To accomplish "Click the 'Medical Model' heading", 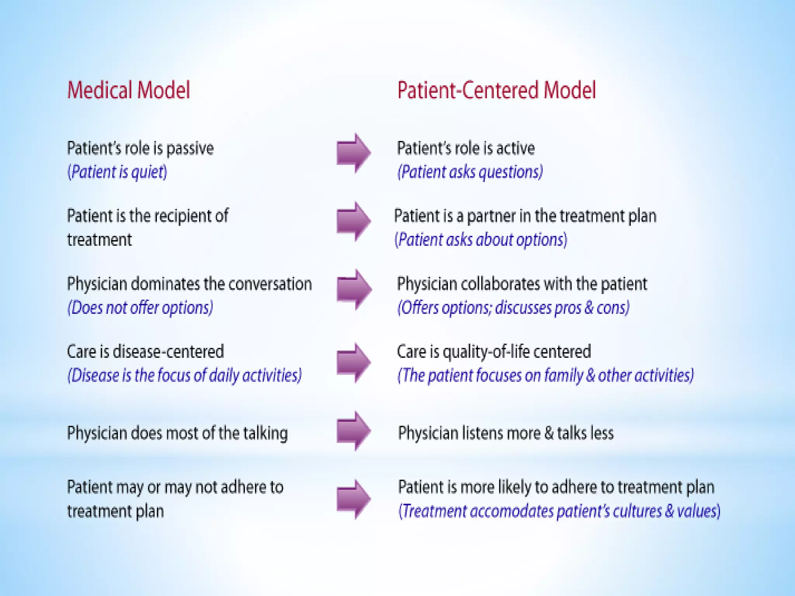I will (128, 90).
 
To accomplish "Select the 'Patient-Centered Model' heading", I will (496, 90).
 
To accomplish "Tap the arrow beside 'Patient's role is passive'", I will (353, 153).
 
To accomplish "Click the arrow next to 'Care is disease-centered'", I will (353, 362).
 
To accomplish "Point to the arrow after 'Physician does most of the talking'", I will (353, 431).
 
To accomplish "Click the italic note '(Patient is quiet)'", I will (117, 172).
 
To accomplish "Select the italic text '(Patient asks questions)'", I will (470, 172).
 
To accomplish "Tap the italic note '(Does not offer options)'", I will (140, 308).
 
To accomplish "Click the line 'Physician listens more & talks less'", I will (506, 433).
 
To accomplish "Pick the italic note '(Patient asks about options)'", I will (481, 240).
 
